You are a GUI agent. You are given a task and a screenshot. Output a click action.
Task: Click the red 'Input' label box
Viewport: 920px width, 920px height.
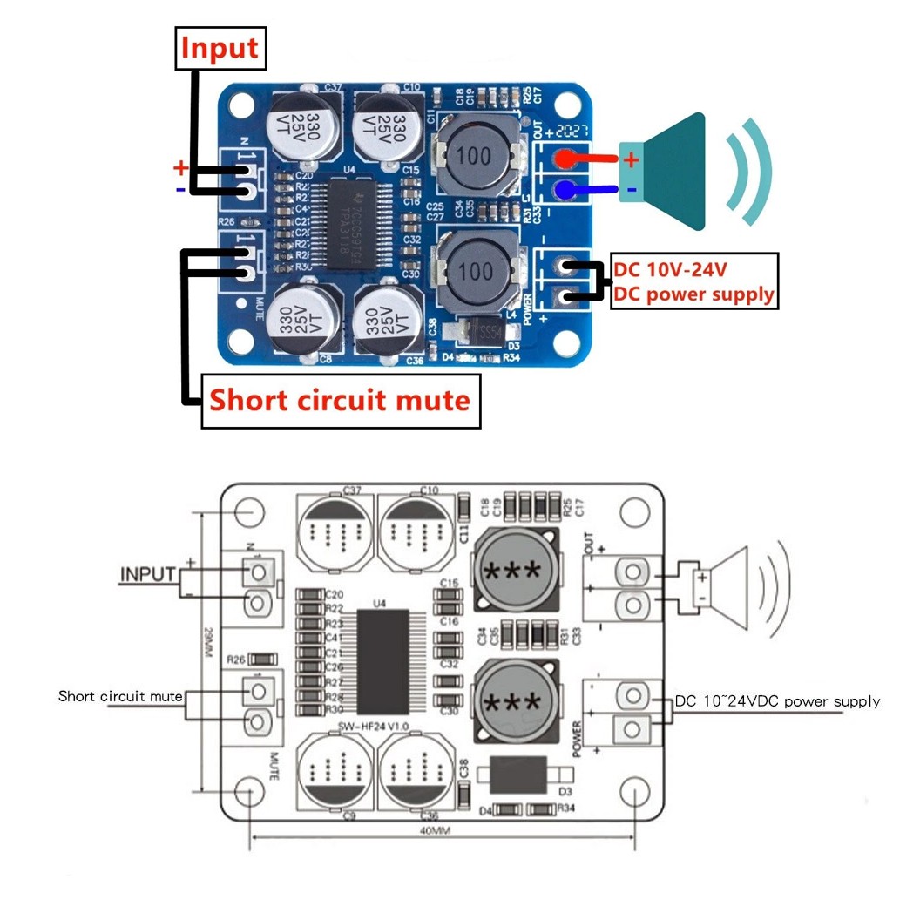220,49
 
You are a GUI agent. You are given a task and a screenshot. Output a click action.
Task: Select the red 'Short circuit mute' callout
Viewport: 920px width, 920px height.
340,401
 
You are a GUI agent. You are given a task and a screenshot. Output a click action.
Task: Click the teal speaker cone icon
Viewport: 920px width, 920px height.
671,172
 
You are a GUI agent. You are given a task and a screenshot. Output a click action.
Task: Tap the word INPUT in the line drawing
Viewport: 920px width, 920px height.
147,575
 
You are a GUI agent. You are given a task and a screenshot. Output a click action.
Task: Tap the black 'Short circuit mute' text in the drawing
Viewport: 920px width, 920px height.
120,696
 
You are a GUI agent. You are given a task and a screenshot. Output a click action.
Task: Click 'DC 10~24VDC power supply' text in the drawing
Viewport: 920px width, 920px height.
778,701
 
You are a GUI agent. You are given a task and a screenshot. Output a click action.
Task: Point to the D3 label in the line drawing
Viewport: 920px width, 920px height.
565,792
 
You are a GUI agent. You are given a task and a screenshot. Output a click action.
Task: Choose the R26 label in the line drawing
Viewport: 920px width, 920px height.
235,659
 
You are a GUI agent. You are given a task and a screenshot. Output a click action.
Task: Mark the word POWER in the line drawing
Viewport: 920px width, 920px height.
576,740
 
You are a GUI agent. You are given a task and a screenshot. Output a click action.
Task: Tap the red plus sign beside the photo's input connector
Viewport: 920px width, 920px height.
179,167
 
